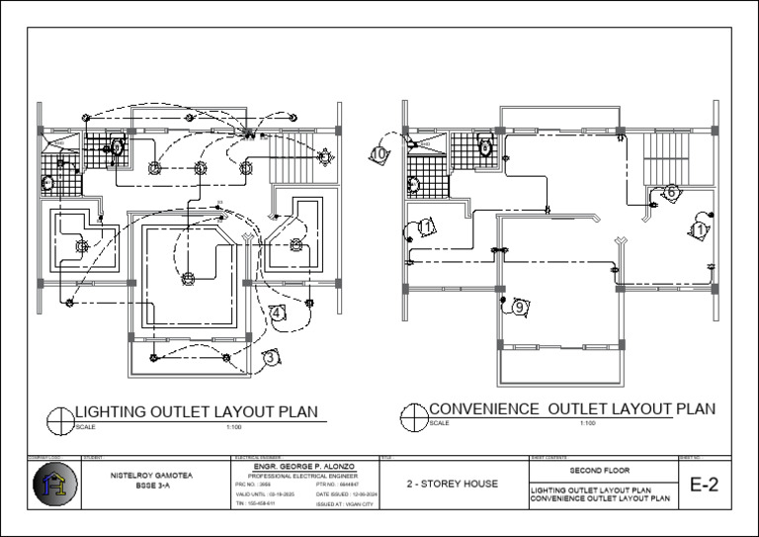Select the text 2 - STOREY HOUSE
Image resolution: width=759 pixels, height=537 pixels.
(452, 485)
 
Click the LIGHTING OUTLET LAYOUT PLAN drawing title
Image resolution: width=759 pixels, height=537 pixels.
(197, 411)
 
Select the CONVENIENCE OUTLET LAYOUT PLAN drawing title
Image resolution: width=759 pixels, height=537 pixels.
(571, 409)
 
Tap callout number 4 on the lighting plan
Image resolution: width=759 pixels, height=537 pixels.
(278, 313)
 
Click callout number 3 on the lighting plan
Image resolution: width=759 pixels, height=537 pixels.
(271, 358)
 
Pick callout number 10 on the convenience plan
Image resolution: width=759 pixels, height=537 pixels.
(378, 153)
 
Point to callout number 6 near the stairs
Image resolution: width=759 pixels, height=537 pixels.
(670, 192)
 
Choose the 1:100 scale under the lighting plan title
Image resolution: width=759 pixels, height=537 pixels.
(234, 426)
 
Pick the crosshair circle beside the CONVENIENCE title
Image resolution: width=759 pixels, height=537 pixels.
(413, 416)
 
